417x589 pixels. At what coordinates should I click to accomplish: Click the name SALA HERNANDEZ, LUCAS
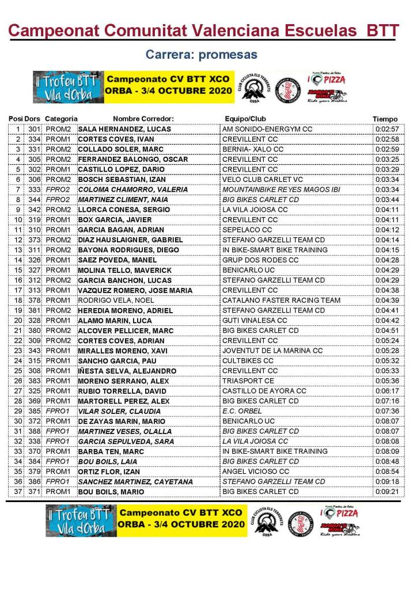(124, 129)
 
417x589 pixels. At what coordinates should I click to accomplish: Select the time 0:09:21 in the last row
(386, 492)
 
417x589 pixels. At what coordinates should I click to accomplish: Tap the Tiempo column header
(385, 119)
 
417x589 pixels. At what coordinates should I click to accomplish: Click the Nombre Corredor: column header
(143, 119)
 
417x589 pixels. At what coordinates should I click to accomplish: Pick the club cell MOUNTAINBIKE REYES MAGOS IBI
(281, 189)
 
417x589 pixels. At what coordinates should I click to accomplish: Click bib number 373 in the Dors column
(35, 240)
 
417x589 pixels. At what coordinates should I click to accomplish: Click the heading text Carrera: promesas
(201, 55)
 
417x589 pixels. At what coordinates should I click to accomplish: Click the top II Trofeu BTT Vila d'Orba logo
(69, 87)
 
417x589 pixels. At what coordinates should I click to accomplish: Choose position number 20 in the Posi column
(18, 320)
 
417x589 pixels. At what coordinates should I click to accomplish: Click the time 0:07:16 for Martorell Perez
(386, 401)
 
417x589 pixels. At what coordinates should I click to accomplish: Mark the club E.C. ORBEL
(242, 411)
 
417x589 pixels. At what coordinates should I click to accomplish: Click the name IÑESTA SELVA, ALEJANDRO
(127, 371)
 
